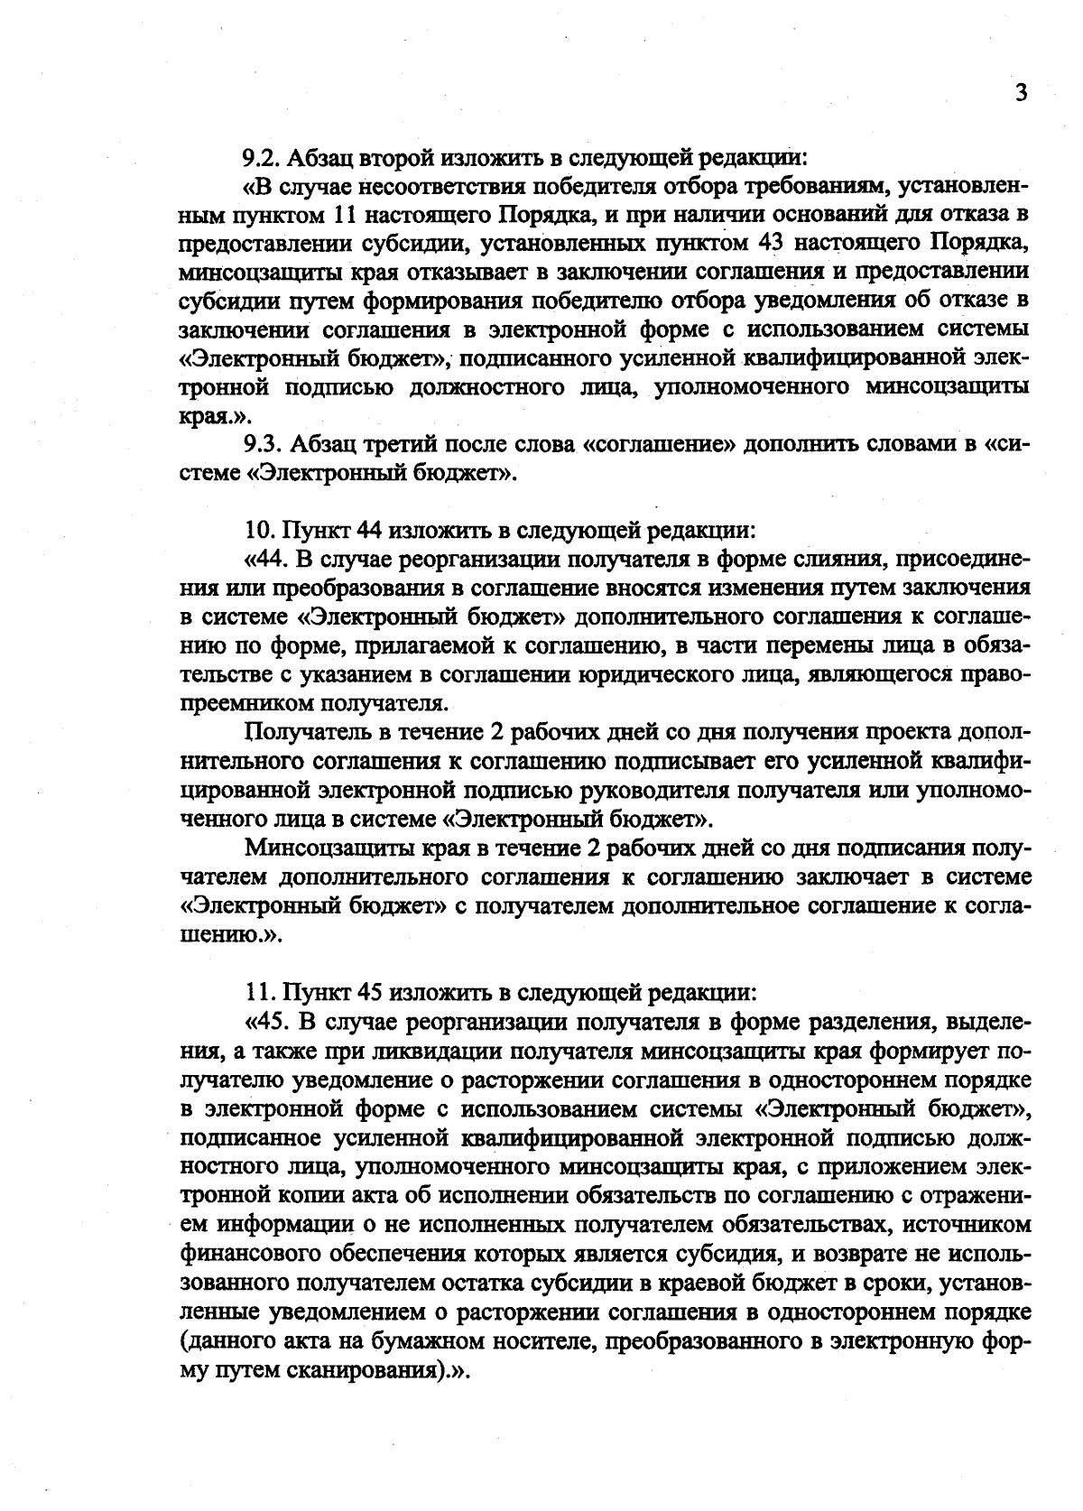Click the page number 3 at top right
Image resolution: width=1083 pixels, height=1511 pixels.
point(1021,93)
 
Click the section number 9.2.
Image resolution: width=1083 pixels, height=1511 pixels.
point(261,158)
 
